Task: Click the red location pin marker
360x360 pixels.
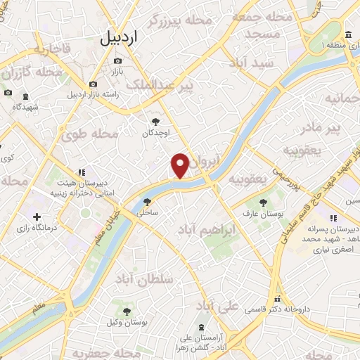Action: pyautogui.click(x=180, y=165)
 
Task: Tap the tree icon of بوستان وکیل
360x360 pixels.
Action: pyautogui.click(x=127, y=311)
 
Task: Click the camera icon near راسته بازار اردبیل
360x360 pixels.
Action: pyautogui.click(x=93, y=84)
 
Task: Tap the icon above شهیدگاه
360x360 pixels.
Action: pyautogui.click(x=26, y=96)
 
